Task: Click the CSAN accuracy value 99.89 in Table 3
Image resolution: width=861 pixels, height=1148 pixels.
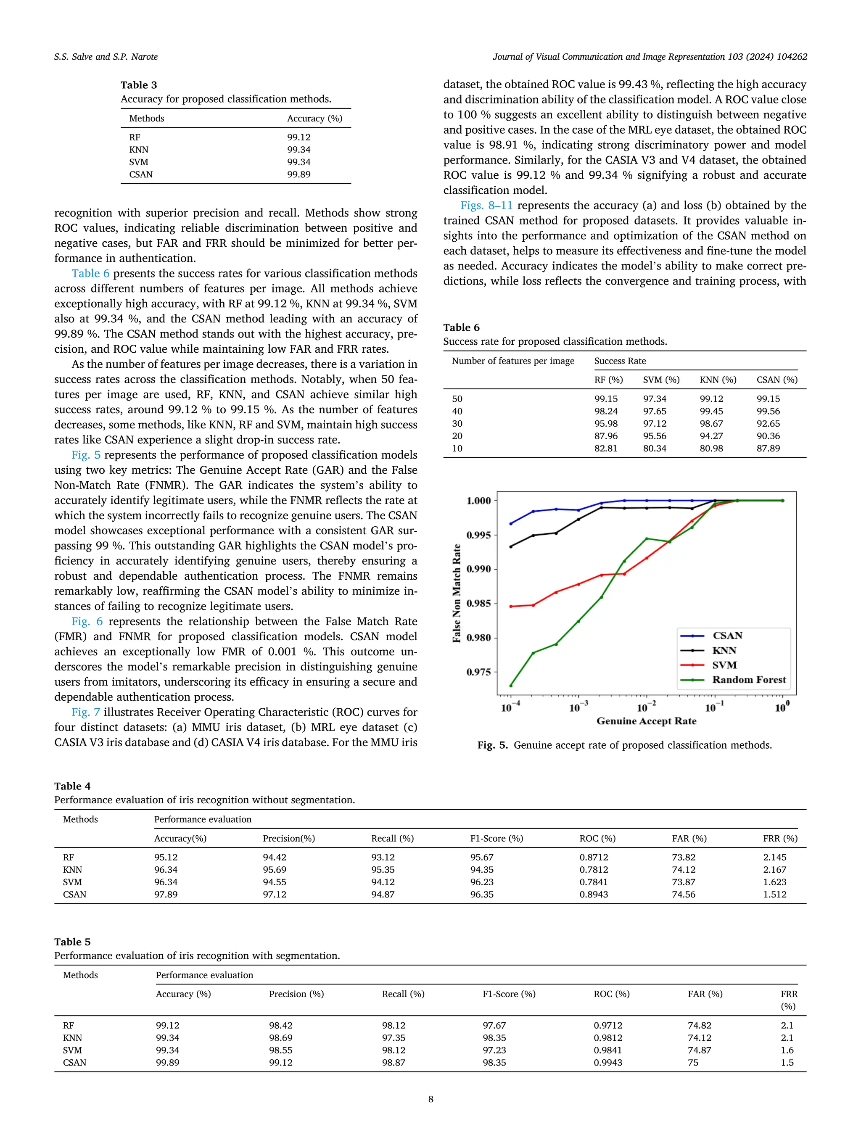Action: pyautogui.click(x=299, y=174)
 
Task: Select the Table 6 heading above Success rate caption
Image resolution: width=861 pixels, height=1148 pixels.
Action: pyautogui.click(x=461, y=327)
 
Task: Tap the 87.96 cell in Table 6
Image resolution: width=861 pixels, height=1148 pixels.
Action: pyautogui.click(x=606, y=436)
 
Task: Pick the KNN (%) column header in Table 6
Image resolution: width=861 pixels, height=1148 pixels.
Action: pyautogui.click(x=718, y=380)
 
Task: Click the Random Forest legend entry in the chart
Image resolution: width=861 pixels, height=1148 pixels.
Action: pyautogui.click(x=748, y=679)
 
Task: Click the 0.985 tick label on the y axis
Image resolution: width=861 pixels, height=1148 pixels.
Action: pyautogui.click(x=478, y=603)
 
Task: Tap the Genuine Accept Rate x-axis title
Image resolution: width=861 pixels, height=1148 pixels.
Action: pyautogui.click(x=646, y=721)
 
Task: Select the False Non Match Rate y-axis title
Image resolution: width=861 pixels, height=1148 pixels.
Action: pyautogui.click(x=457, y=593)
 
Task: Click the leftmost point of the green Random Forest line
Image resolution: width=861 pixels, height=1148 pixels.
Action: pyautogui.click(x=511, y=686)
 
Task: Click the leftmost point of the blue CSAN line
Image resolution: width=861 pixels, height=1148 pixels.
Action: pyautogui.click(x=511, y=524)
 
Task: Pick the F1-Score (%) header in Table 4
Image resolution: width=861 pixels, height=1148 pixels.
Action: pyautogui.click(x=496, y=838)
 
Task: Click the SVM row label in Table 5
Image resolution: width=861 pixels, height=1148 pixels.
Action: pyautogui.click(x=72, y=1050)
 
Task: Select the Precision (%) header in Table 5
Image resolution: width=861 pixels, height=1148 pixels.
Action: pyautogui.click(x=296, y=994)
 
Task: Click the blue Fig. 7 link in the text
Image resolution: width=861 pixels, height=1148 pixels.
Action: pyautogui.click(x=86, y=712)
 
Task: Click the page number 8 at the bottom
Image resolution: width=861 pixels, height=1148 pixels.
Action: pyautogui.click(x=430, y=1099)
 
